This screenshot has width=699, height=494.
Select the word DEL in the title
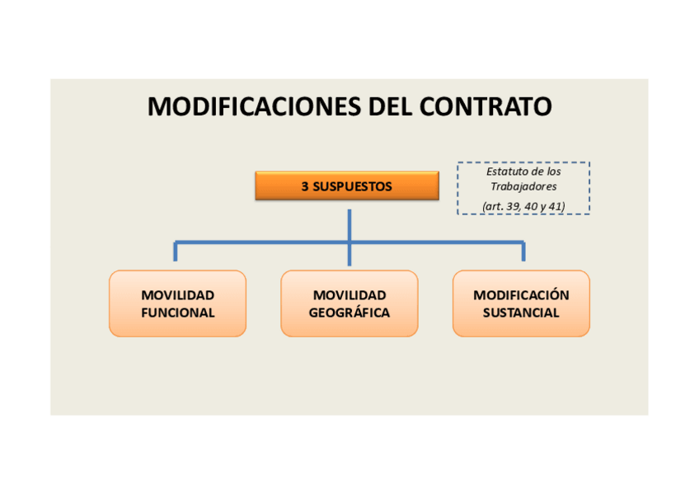(389, 107)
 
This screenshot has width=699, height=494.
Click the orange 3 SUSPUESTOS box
(346, 186)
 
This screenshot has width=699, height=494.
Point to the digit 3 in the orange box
(305, 186)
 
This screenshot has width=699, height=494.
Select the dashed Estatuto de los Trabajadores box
(523, 188)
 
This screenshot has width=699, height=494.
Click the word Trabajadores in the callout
(523, 186)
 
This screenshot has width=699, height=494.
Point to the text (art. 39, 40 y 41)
(523, 205)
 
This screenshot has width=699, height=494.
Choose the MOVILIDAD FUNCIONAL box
(177, 303)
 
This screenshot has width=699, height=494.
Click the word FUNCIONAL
(177, 313)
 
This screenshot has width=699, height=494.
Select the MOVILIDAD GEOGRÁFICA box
(349, 303)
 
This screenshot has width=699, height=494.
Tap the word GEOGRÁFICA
(349, 313)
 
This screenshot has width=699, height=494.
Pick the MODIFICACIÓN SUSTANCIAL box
(521, 303)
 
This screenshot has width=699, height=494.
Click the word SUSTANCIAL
(521, 313)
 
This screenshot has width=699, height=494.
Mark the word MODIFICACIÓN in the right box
(521, 294)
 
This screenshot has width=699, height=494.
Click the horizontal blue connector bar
(264, 242)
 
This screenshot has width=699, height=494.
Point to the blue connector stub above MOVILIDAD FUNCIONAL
(175, 252)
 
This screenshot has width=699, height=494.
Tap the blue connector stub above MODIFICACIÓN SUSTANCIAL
(523, 252)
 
